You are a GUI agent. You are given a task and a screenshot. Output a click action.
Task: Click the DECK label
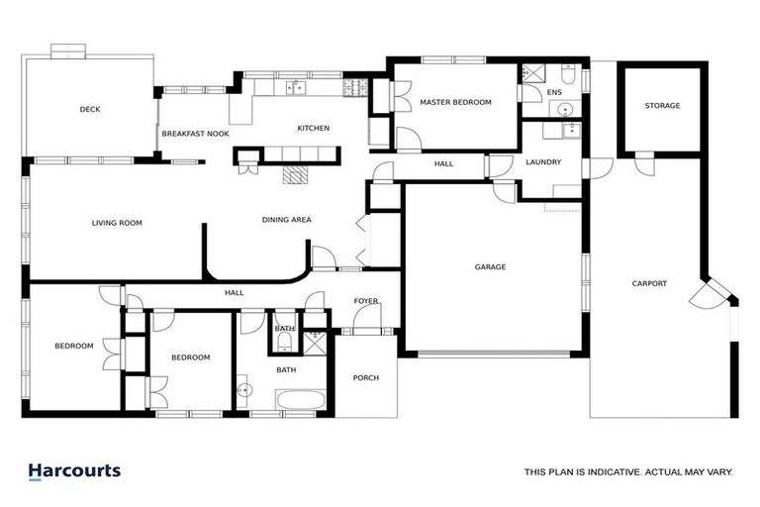point(90,110)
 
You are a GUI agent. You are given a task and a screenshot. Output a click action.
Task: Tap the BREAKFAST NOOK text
point(195,133)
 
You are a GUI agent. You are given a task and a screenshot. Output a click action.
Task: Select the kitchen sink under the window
point(294,88)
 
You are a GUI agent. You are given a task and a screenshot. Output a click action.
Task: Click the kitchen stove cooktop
point(354,88)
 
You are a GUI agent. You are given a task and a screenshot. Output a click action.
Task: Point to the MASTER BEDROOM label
point(455,102)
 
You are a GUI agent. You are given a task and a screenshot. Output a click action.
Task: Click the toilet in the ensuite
point(569,77)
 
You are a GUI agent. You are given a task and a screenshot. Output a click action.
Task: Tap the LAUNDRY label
point(543,162)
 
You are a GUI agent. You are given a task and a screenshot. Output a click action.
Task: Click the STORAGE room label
point(662,106)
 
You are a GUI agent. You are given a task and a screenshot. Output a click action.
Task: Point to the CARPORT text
point(649,284)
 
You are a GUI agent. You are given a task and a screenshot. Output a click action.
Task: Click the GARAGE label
point(490,267)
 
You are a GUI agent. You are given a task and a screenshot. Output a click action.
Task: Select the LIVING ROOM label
point(117,224)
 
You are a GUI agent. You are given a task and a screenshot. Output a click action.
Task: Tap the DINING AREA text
point(287,220)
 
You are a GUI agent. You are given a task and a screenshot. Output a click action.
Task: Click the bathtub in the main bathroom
point(300,400)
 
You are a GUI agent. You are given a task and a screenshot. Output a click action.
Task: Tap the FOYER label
point(366,301)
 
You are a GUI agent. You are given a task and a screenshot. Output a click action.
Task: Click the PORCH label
point(366,378)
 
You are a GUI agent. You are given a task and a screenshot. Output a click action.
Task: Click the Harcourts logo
point(74,471)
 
